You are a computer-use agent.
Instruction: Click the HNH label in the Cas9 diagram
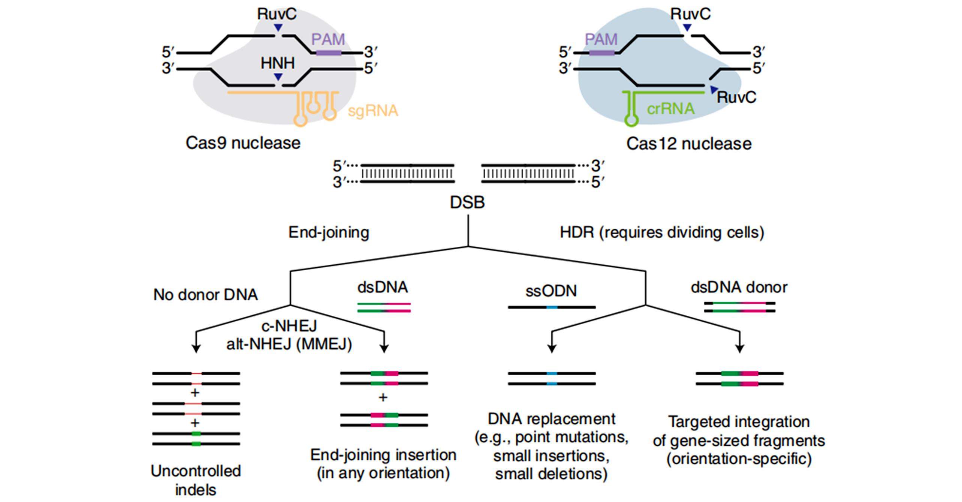(277, 63)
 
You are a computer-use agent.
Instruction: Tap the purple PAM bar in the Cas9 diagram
(329, 53)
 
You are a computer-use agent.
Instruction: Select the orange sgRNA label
(373, 111)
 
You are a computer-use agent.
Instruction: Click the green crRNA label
(670, 109)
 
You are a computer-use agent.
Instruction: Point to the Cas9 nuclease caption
(243, 143)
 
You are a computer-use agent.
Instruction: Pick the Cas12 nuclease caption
(689, 144)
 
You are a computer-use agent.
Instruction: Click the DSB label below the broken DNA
(467, 202)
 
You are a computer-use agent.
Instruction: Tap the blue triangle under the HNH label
(278, 76)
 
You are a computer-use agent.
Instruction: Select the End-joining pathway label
(329, 232)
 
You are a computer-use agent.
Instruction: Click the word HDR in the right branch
(576, 232)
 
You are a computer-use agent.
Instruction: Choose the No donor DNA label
(205, 295)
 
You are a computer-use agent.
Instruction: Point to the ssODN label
(551, 291)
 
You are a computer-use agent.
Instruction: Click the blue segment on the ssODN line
(552, 307)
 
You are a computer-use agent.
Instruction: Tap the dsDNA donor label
(739, 287)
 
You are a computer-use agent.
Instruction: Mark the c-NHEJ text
(289, 326)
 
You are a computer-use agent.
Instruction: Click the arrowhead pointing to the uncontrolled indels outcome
(196, 349)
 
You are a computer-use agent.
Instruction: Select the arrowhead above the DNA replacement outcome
(551, 349)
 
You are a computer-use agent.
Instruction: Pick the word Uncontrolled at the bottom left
(196, 471)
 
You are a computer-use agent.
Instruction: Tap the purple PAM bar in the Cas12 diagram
(602, 53)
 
